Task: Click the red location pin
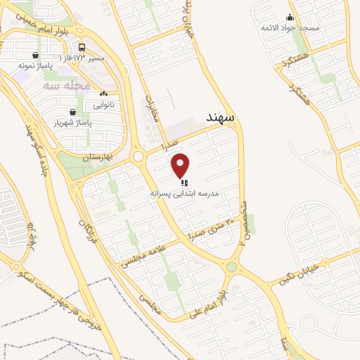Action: pos(181,166)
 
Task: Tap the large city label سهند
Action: pos(221,115)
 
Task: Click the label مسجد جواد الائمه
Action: pos(290,27)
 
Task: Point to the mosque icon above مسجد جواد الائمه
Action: pos(290,17)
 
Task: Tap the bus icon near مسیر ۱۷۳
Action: pos(82,47)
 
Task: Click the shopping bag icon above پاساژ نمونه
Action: pos(36,54)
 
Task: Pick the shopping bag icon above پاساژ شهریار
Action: pos(72,111)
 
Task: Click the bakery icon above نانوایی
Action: pos(104,94)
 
